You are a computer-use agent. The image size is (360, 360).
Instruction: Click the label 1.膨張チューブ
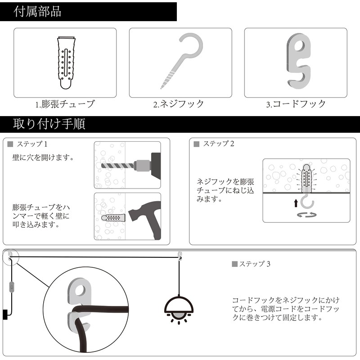65,104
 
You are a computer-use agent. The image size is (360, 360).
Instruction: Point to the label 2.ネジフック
179,104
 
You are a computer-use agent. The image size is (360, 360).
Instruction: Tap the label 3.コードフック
296,104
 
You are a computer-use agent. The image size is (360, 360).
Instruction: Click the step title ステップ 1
32,144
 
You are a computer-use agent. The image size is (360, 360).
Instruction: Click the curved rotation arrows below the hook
307,216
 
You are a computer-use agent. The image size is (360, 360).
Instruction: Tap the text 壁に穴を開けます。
43,158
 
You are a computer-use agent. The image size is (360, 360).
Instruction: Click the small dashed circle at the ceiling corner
9,257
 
